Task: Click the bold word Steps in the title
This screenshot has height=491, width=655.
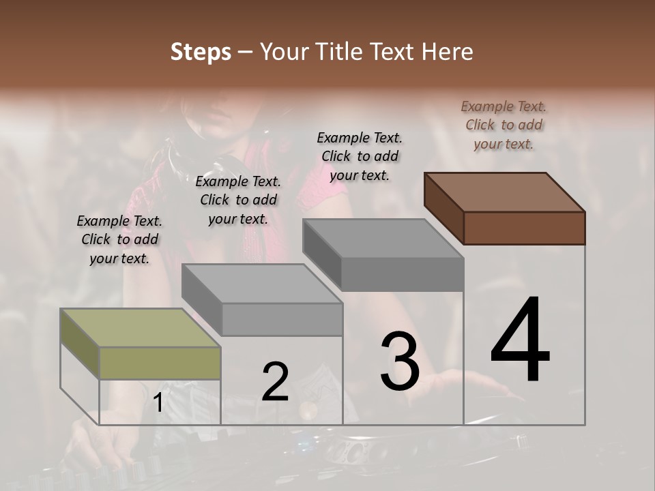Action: tap(201, 52)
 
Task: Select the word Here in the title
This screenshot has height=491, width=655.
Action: tap(448, 52)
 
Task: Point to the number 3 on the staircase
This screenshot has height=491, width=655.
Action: tap(399, 361)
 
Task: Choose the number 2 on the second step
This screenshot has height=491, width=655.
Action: tap(275, 382)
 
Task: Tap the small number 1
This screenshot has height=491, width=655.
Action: tap(158, 403)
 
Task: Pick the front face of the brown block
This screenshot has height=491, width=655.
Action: tap(524, 228)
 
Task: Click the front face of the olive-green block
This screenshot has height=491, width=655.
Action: tap(160, 363)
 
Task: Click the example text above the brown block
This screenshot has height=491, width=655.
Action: tap(504, 125)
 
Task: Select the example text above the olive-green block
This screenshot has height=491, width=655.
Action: tap(119, 239)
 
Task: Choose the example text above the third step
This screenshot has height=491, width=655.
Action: tap(360, 156)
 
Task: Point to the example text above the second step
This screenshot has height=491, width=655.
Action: tap(238, 200)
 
